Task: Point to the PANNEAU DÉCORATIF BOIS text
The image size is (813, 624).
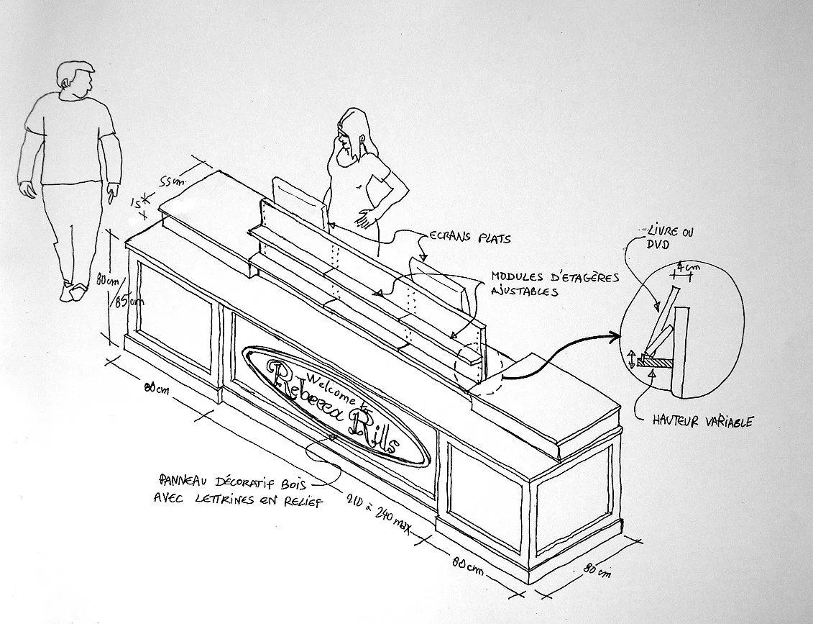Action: [x=241, y=489]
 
